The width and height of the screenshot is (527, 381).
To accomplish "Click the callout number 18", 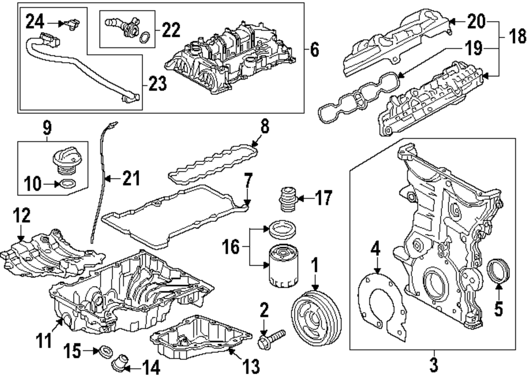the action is click(516, 36).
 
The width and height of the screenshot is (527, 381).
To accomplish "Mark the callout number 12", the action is click(22, 215).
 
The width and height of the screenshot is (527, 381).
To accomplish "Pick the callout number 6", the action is click(315, 50).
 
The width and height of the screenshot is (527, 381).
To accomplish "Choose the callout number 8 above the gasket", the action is click(265, 127).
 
